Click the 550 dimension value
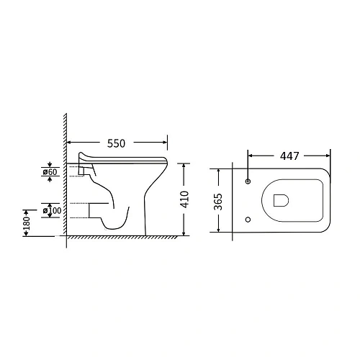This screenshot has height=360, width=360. tap(116, 143)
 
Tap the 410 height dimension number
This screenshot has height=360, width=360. tap(185, 199)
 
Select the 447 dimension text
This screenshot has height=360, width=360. tap(289, 156)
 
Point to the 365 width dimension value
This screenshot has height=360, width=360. tap(218, 202)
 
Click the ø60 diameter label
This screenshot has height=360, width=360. tap(50, 172)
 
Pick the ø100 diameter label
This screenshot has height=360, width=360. tap(52, 210)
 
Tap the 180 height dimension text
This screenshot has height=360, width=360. tap(27, 223)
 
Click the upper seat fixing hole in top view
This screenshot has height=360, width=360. tap(248, 181)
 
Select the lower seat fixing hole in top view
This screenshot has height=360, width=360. tap(248, 220)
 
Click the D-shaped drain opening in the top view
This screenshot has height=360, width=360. tap(281, 200)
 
